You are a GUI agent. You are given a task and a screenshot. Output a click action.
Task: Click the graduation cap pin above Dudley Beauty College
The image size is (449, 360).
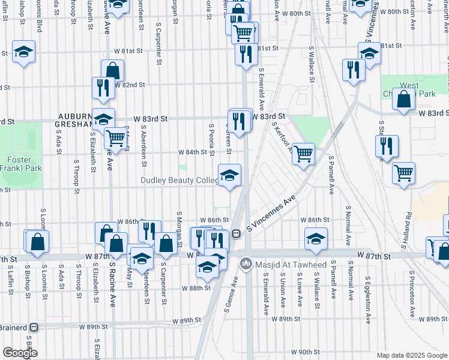(x=229, y=176)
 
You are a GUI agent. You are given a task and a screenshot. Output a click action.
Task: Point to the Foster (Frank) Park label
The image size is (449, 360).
(x=14, y=164)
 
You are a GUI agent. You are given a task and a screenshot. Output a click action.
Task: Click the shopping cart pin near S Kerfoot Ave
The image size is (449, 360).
(x=304, y=153)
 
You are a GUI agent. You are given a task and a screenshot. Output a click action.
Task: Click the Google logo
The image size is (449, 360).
(x=19, y=353)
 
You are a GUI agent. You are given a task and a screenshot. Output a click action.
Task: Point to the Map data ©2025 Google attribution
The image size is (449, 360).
(x=412, y=355)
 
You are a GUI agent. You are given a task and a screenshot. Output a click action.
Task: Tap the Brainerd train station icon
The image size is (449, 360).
(x=34, y=328)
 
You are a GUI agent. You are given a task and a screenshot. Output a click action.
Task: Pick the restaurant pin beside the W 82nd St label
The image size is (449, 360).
(x=104, y=88)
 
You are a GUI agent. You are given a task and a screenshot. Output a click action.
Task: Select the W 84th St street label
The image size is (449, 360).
(x=192, y=152)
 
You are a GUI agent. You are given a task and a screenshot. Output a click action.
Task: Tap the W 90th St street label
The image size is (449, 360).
(x=306, y=352)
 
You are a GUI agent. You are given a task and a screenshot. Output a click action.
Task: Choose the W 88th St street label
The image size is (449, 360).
(x=197, y=288)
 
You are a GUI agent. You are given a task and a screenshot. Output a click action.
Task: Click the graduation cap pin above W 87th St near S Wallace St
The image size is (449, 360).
(x=316, y=239)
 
